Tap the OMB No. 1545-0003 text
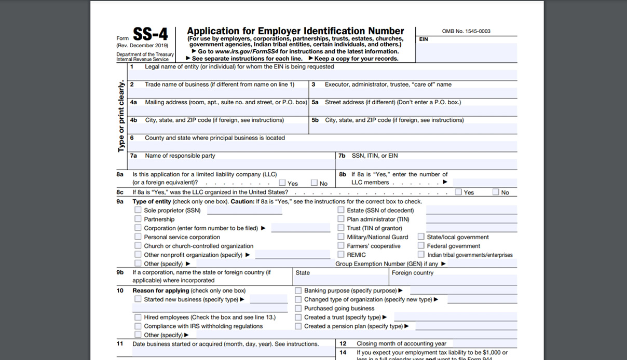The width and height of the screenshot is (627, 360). [466, 31]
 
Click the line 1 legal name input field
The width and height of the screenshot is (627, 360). [322, 75]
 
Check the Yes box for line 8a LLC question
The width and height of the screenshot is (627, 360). [282, 183]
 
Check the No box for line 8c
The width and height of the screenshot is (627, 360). [496, 192]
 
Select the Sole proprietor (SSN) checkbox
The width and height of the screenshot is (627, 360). [138, 210]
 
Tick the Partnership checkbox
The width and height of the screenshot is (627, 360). [138, 219]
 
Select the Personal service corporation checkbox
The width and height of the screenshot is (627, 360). [138, 237]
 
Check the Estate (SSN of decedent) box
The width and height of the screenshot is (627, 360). [341, 210]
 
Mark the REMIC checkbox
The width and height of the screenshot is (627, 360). [341, 254]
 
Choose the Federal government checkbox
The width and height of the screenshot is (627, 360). [421, 246]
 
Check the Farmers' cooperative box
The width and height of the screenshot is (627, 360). [341, 246]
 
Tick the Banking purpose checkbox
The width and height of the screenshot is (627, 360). [298, 290]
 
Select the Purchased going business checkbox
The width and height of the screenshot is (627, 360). [298, 308]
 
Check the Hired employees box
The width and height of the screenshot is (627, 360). [138, 317]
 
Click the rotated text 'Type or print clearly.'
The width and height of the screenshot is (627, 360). [121, 116]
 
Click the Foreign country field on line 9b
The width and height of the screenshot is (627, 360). [453, 281]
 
